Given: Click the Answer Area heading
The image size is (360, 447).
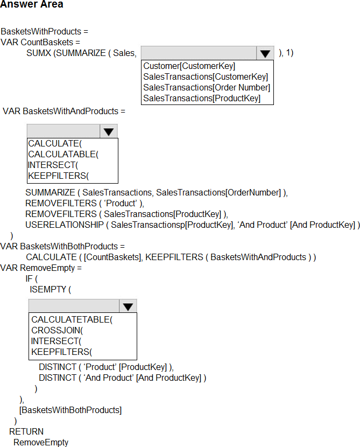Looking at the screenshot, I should (x=32, y=5).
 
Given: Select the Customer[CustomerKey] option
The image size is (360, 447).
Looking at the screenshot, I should (x=189, y=66).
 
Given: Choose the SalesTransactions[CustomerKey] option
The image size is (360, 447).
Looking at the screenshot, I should (x=205, y=76).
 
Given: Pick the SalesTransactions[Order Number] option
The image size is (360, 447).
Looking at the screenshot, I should (x=207, y=87).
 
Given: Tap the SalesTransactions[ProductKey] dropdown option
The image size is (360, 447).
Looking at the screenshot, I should (x=202, y=98).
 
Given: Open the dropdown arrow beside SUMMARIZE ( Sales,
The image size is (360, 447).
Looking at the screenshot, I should (x=265, y=53).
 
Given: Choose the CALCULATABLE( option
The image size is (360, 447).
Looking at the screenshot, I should (x=63, y=154).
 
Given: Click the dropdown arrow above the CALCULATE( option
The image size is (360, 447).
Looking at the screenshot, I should (x=109, y=131).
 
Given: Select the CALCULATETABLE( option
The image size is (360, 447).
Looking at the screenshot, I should (x=72, y=319).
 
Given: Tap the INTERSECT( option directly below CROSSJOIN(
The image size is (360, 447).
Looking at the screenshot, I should (x=56, y=341).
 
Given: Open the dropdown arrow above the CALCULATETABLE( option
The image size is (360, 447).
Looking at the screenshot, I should (x=128, y=306).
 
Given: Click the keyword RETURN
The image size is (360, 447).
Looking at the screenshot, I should (x=26, y=431).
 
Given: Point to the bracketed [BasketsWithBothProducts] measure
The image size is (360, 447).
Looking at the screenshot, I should (x=70, y=410).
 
